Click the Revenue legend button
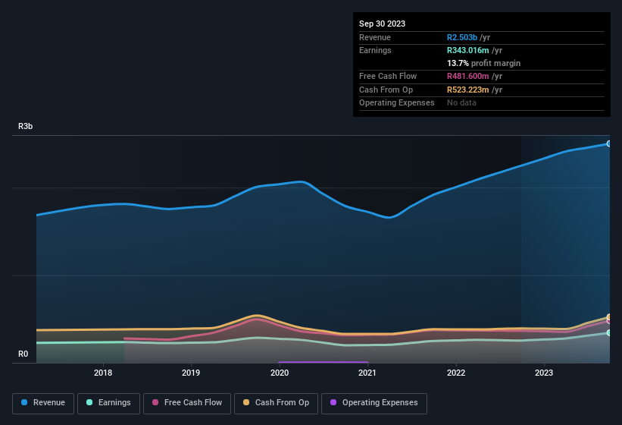pyautogui.click(x=43, y=403)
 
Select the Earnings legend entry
pyautogui.click(x=108, y=403)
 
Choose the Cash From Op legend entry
pyautogui.click(x=276, y=403)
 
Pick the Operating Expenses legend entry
pyautogui.click(x=374, y=403)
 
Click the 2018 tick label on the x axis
pyautogui.click(x=103, y=373)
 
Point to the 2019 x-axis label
pyautogui.click(x=191, y=373)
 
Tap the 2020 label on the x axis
pyautogui.click(x=280, y=373)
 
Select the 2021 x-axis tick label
pyautogui.click(x=367, y=373)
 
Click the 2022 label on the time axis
pyautogui.click(x=456, y=373)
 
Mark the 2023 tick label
pyautogui.click(x=544, y=373)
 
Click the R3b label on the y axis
pyautogui.click(x=26, y=126)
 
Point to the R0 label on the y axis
pyautogui.click(x=23, y=354)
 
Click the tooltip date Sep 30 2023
pyautogui.click(x=382, y=24)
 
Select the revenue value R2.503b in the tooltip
pyautogui.click(x=462, y=37)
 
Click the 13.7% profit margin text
pyautogui.click(x=483, y=63)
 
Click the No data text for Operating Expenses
pyautogui.click(x=461, y=102)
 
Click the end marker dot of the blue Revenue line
pyautogui.click(x=608, y=143)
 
